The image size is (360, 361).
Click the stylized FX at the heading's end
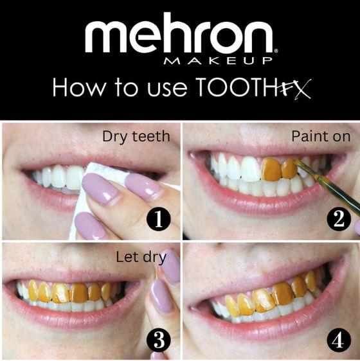point(292,88)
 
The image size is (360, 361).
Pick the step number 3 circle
point(158,339)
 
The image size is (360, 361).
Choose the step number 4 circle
point(339,339)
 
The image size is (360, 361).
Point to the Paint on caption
point(320,136)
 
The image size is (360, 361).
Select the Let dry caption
point(141,258)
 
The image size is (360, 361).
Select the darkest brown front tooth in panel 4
point(283,294)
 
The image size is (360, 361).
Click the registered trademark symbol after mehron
point(276,49)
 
